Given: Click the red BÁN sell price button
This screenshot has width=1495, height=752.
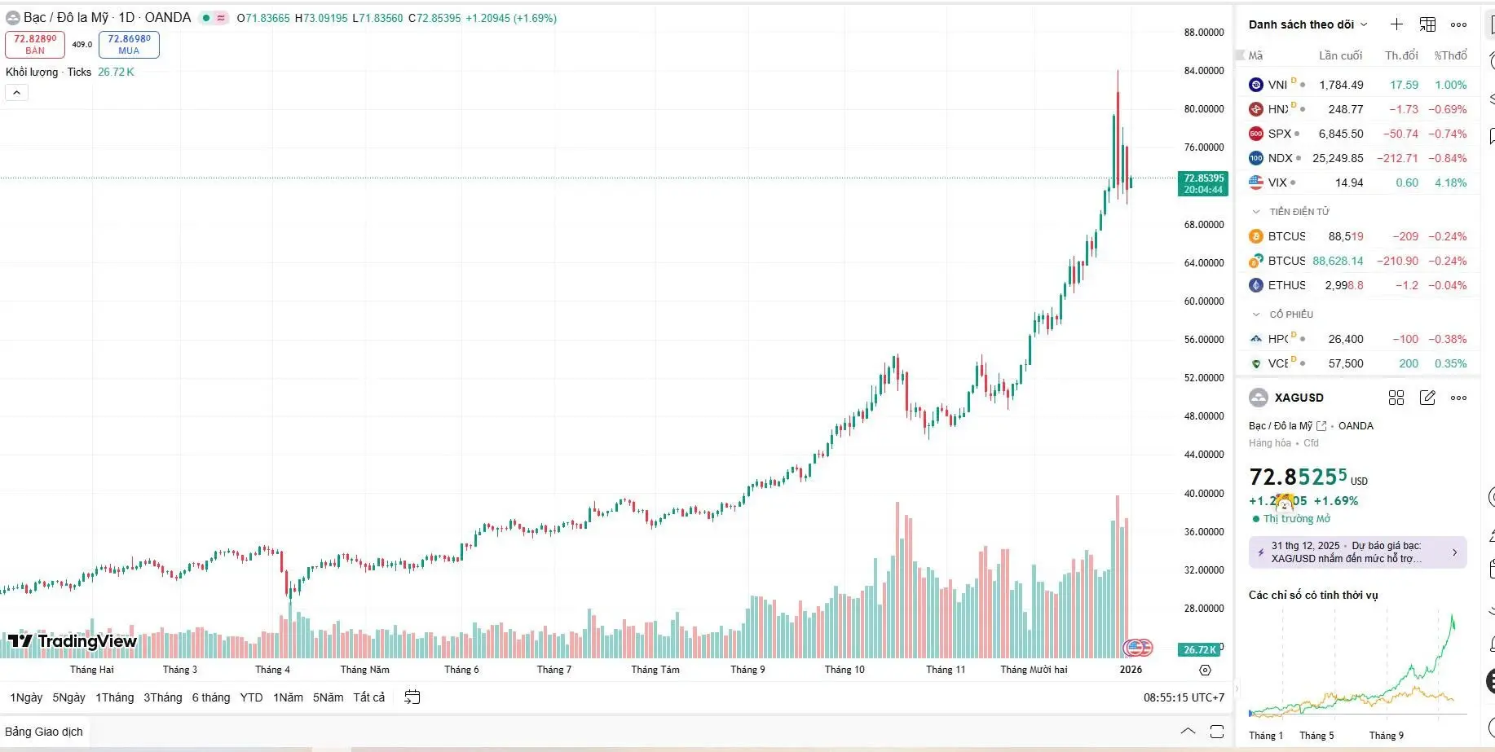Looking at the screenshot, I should (35, 44).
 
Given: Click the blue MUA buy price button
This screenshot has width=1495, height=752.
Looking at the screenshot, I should (129, 44).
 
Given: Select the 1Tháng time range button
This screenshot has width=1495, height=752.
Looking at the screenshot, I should (114, 697).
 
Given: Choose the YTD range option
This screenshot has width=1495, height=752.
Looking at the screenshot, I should (251, 697).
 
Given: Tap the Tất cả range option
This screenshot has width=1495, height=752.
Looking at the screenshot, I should (368, 697).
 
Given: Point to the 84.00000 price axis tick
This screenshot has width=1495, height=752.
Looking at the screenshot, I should (1203, 71).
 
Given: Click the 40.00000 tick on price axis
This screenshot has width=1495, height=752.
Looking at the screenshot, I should (1203, 493).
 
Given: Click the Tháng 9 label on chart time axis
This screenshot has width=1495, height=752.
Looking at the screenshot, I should (747, 670).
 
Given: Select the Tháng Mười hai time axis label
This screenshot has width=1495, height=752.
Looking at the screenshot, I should (1034, 670).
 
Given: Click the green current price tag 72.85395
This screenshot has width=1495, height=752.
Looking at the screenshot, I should (1203, 183).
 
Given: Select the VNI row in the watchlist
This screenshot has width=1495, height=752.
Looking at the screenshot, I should (1277, 85).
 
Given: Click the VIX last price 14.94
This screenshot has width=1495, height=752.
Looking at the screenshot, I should (1348, 183).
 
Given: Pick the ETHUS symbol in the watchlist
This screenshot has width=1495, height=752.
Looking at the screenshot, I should (1286, 285).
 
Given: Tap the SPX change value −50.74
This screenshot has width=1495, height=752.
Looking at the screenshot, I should (1400, 134).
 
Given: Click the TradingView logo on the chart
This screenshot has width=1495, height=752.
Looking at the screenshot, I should (73, 641).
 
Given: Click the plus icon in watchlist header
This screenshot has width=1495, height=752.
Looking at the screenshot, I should (1396, 24).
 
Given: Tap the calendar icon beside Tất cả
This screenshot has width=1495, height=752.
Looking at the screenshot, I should (412, 697).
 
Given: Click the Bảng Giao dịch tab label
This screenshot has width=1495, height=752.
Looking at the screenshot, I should (44, 732).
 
